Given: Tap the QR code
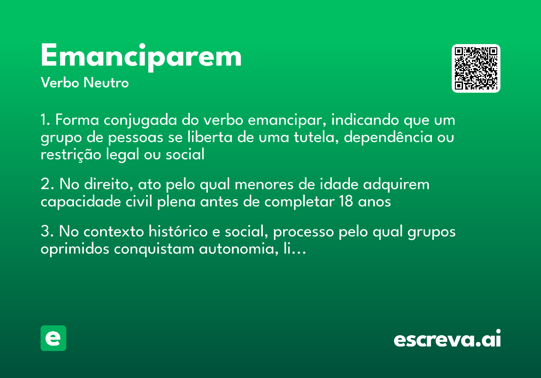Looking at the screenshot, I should click(476, 68).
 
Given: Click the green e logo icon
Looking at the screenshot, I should click(53, 338).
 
